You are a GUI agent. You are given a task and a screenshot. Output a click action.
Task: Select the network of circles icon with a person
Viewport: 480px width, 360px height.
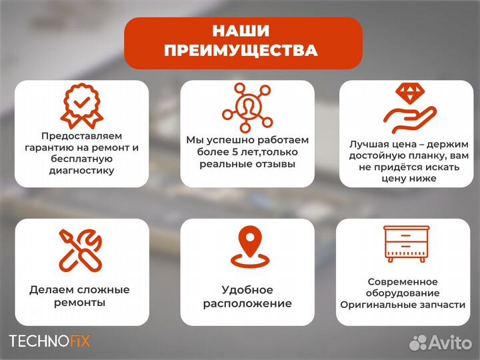coord(247,107)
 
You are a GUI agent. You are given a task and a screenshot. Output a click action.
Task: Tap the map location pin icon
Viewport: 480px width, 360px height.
coord(247,247)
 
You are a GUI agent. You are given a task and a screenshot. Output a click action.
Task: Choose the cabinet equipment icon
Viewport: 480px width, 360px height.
coord(407,243)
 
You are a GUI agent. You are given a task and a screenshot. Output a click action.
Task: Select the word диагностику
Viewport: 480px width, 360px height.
coord(81,171)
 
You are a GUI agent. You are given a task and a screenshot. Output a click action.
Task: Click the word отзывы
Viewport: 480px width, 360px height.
coord(274,163)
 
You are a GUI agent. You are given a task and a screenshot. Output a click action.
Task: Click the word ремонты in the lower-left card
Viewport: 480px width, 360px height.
coord(80,303)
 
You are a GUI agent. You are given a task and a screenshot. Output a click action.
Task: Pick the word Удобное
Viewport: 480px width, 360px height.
coord(247,290)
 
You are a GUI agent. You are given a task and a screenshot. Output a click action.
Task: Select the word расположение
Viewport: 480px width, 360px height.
coord(247,303)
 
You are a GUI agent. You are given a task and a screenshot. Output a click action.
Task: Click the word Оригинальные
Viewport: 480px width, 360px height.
coord(375,304)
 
